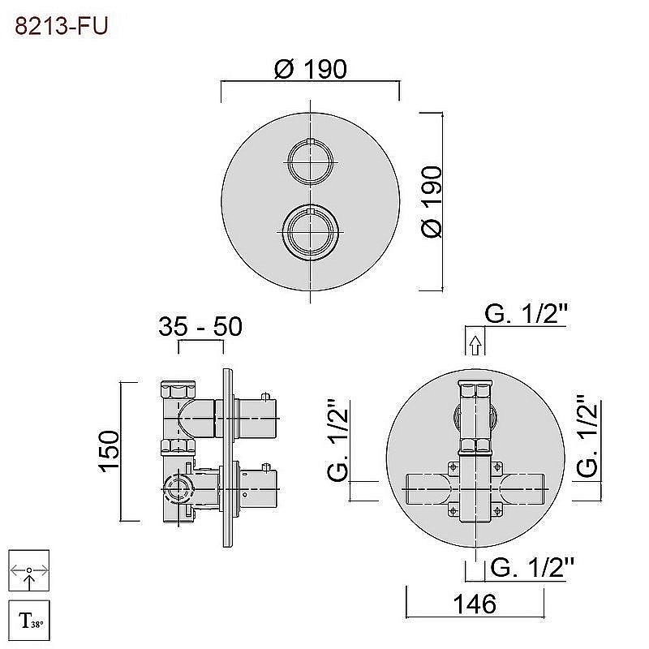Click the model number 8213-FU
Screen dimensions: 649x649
point(62,26)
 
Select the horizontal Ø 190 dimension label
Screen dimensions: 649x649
point(311,69)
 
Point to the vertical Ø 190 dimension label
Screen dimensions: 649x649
point(432,201)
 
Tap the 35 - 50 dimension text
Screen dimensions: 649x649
point(200,326)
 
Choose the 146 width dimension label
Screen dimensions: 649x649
point(475,604)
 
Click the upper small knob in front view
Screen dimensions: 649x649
point(311,161)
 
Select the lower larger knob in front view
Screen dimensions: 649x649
point(311,232)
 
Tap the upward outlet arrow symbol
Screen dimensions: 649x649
point(475,345)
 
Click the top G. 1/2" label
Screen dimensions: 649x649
point(526,314)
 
